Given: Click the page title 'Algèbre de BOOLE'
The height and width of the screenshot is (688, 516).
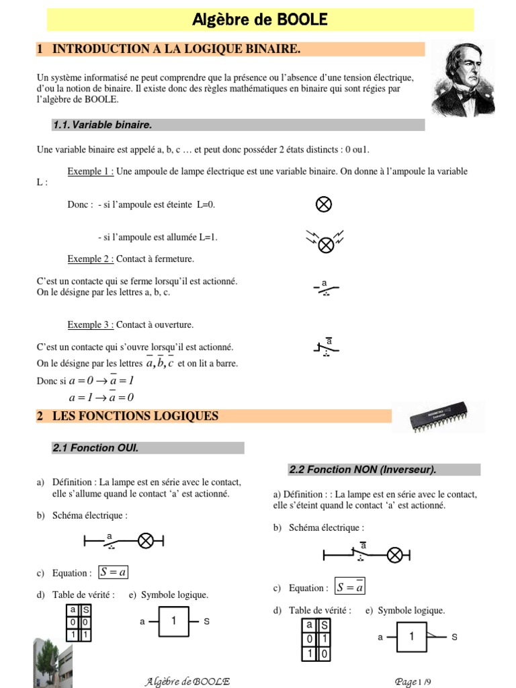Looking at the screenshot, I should tap(259, 19).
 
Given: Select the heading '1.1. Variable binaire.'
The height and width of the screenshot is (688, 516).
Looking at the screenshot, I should tap(102, 125).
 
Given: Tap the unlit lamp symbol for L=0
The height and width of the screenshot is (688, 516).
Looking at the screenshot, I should tap(323, 204).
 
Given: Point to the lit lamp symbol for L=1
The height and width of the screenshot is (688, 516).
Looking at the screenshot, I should tap(326, 245).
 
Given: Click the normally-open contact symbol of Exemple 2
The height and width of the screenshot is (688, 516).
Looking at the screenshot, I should tap(326, 288).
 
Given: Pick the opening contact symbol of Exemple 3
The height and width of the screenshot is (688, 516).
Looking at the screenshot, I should tap(327, 347).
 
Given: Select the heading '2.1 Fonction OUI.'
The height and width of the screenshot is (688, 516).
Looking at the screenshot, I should tap(95, 448).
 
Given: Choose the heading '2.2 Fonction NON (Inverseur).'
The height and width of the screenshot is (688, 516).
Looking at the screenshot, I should tap(363, 470).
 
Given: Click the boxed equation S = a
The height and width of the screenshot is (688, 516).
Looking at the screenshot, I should tap(114, 572).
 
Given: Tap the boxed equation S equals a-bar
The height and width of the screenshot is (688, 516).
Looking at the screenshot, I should tap(350, 587).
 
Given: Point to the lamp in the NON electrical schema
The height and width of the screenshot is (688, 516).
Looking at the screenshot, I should tap(396, 554).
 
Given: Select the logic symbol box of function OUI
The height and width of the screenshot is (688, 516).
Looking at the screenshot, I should tap(174, 621).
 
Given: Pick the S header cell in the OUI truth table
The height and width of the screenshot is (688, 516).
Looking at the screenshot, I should tap(86, 610).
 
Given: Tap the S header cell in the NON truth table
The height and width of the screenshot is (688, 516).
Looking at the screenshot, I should tap(325, 625).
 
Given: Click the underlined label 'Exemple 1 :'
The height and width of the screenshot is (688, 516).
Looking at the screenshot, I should tap(90, 171).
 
